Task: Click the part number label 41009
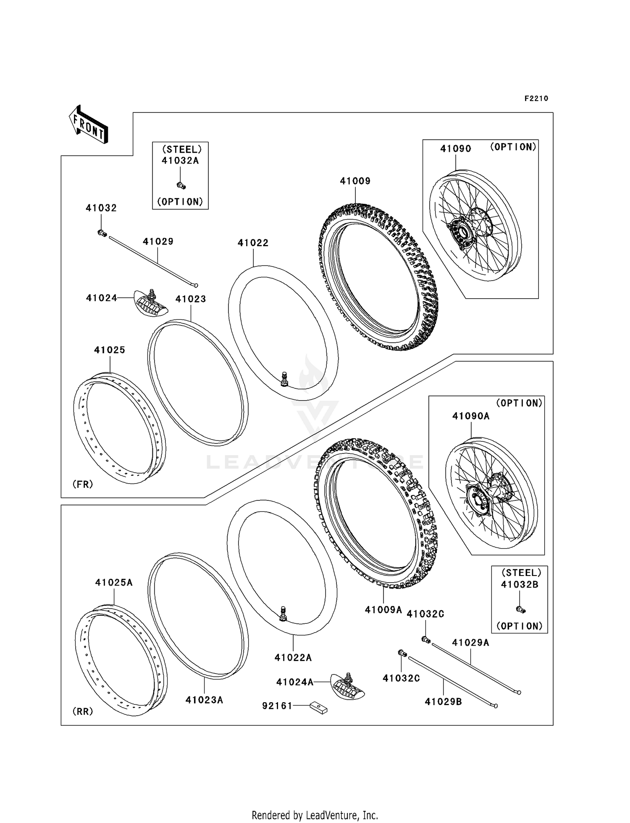click(x=355, y=181)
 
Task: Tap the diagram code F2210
click(x=536, y=99)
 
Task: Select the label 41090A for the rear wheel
click(x=471, y=416)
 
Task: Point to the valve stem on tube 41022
click(x=284, y=378)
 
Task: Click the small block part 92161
click(x=319, y=708)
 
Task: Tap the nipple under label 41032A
click(x=181, y=185)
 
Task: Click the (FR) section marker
click(x=83, y=484)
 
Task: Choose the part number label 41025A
click(x=114, y=583)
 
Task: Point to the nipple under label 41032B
click(x=520, y=609)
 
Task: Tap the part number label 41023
click(x=191, y=299)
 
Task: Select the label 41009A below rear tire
click(x=383, y=610)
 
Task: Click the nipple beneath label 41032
click(x=102, y=233)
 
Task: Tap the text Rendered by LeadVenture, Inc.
click(x=315, y=815)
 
